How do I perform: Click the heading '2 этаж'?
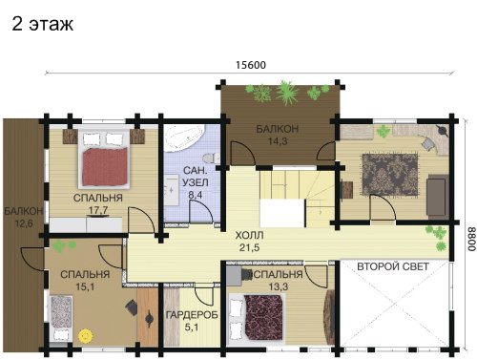43,24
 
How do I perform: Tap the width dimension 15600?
251,65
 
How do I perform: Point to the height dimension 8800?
471,239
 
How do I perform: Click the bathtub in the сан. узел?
185,138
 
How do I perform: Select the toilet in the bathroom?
211,158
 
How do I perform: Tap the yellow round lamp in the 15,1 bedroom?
85,335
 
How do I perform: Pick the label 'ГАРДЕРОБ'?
192,315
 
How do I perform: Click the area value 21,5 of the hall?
250,247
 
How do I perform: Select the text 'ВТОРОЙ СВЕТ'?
393,266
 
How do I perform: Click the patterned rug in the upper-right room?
390,174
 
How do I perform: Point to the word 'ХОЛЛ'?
250,236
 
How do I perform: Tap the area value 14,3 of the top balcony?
278,141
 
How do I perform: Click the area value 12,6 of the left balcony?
24,223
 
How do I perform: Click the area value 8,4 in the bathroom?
196,195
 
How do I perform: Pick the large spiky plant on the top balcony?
288,93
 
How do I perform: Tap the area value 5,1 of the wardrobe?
192,327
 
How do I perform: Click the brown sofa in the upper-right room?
437,196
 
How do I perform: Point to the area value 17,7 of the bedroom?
98,210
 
